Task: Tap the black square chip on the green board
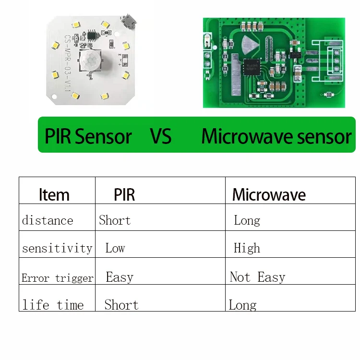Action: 251,67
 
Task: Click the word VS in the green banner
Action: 160,137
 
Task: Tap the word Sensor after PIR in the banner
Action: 103,137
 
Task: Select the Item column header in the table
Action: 54,195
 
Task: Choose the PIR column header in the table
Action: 124,195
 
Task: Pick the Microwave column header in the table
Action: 269,195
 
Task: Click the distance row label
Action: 48,221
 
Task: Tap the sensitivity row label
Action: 57,249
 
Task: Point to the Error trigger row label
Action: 57,278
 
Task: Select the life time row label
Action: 53,305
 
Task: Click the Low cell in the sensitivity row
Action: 115,248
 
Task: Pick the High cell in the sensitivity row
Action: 247,248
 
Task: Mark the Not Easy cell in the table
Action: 257,277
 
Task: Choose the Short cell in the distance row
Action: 115,220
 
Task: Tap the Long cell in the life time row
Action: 242,305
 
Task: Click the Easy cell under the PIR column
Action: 120,277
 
